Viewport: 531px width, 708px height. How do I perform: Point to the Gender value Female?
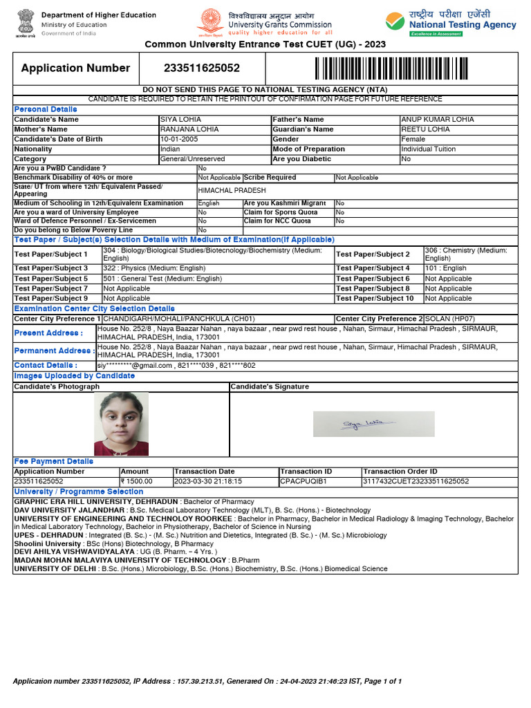[413, 140]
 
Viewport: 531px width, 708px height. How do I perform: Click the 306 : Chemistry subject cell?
[465, 254]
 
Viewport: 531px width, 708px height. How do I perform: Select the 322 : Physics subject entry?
[154, 268]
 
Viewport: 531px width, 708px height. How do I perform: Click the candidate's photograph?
[121, 424]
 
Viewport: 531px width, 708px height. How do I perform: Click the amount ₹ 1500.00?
[136, 481]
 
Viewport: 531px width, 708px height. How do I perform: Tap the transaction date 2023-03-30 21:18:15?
[208, 481]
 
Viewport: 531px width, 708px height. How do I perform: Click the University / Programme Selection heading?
[79, 492]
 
